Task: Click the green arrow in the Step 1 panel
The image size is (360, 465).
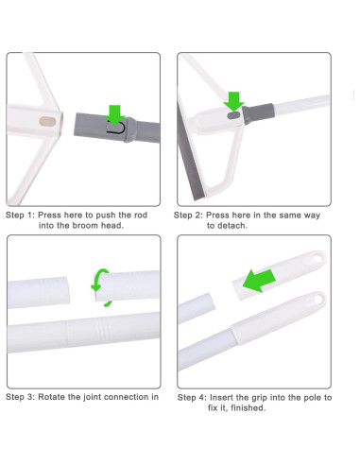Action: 115,113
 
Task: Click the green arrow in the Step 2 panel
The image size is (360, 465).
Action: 233,101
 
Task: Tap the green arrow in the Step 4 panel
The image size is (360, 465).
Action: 260,280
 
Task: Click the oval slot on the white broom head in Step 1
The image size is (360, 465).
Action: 47,122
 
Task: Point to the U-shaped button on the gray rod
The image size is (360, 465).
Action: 115,128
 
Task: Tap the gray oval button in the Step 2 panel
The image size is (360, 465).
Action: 233,115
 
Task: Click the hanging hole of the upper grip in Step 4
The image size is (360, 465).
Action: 317,258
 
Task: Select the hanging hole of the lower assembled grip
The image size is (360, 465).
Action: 318,299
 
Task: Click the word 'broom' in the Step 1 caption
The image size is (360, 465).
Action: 85,226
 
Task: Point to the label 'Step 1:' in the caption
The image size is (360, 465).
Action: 20,215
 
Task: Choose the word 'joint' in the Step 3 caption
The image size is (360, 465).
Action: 92,397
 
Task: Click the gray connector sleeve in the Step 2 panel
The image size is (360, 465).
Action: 258,113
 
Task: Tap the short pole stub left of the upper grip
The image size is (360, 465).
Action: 197,308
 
